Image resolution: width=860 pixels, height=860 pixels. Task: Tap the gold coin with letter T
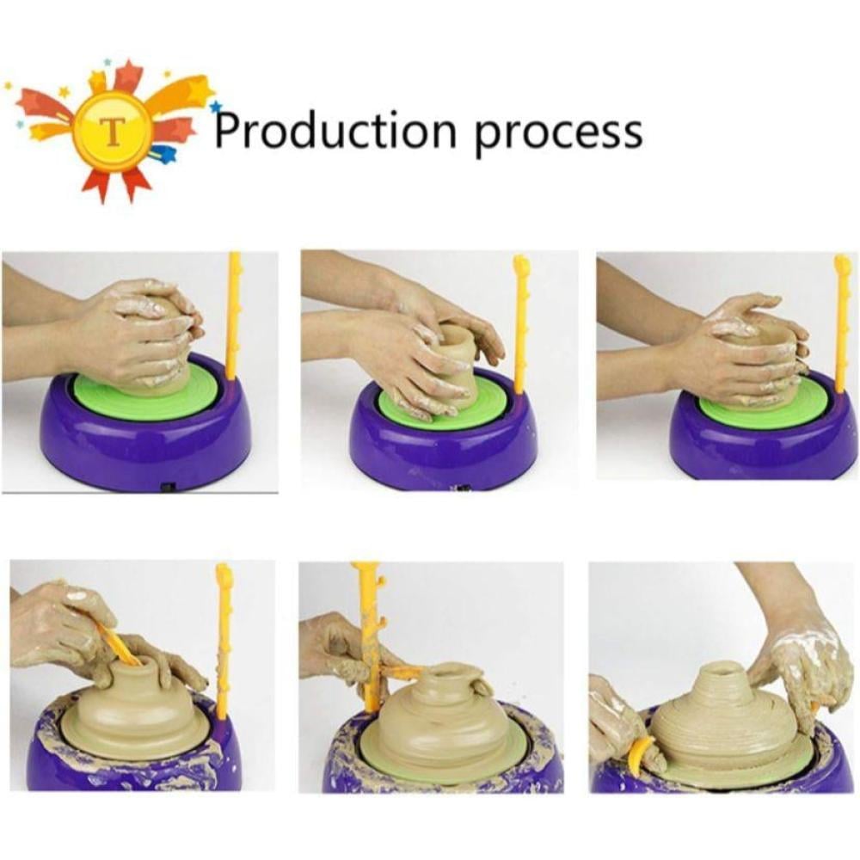point(113,130)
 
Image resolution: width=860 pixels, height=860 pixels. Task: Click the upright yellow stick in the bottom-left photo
point(224,642)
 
